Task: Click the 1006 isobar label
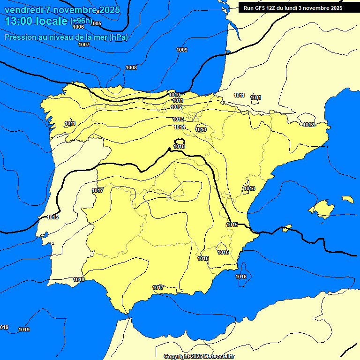[78, 27]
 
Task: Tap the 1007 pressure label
[84, 45]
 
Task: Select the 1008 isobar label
[131, 67]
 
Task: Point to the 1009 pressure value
[182, 50]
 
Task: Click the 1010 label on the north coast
[174, 95]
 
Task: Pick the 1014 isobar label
[180, 127]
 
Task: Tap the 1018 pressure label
[79, 279]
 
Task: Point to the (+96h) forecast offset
[81, 21]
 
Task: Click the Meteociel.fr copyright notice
[199, 356]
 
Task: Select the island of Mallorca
[321, 208]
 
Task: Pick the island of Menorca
[347, 199]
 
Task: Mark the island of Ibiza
[286, 228]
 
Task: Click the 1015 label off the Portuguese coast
[52, 217]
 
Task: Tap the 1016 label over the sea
[241, 277]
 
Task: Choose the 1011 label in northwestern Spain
[70, 123]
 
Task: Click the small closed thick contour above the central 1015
[180, 142]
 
